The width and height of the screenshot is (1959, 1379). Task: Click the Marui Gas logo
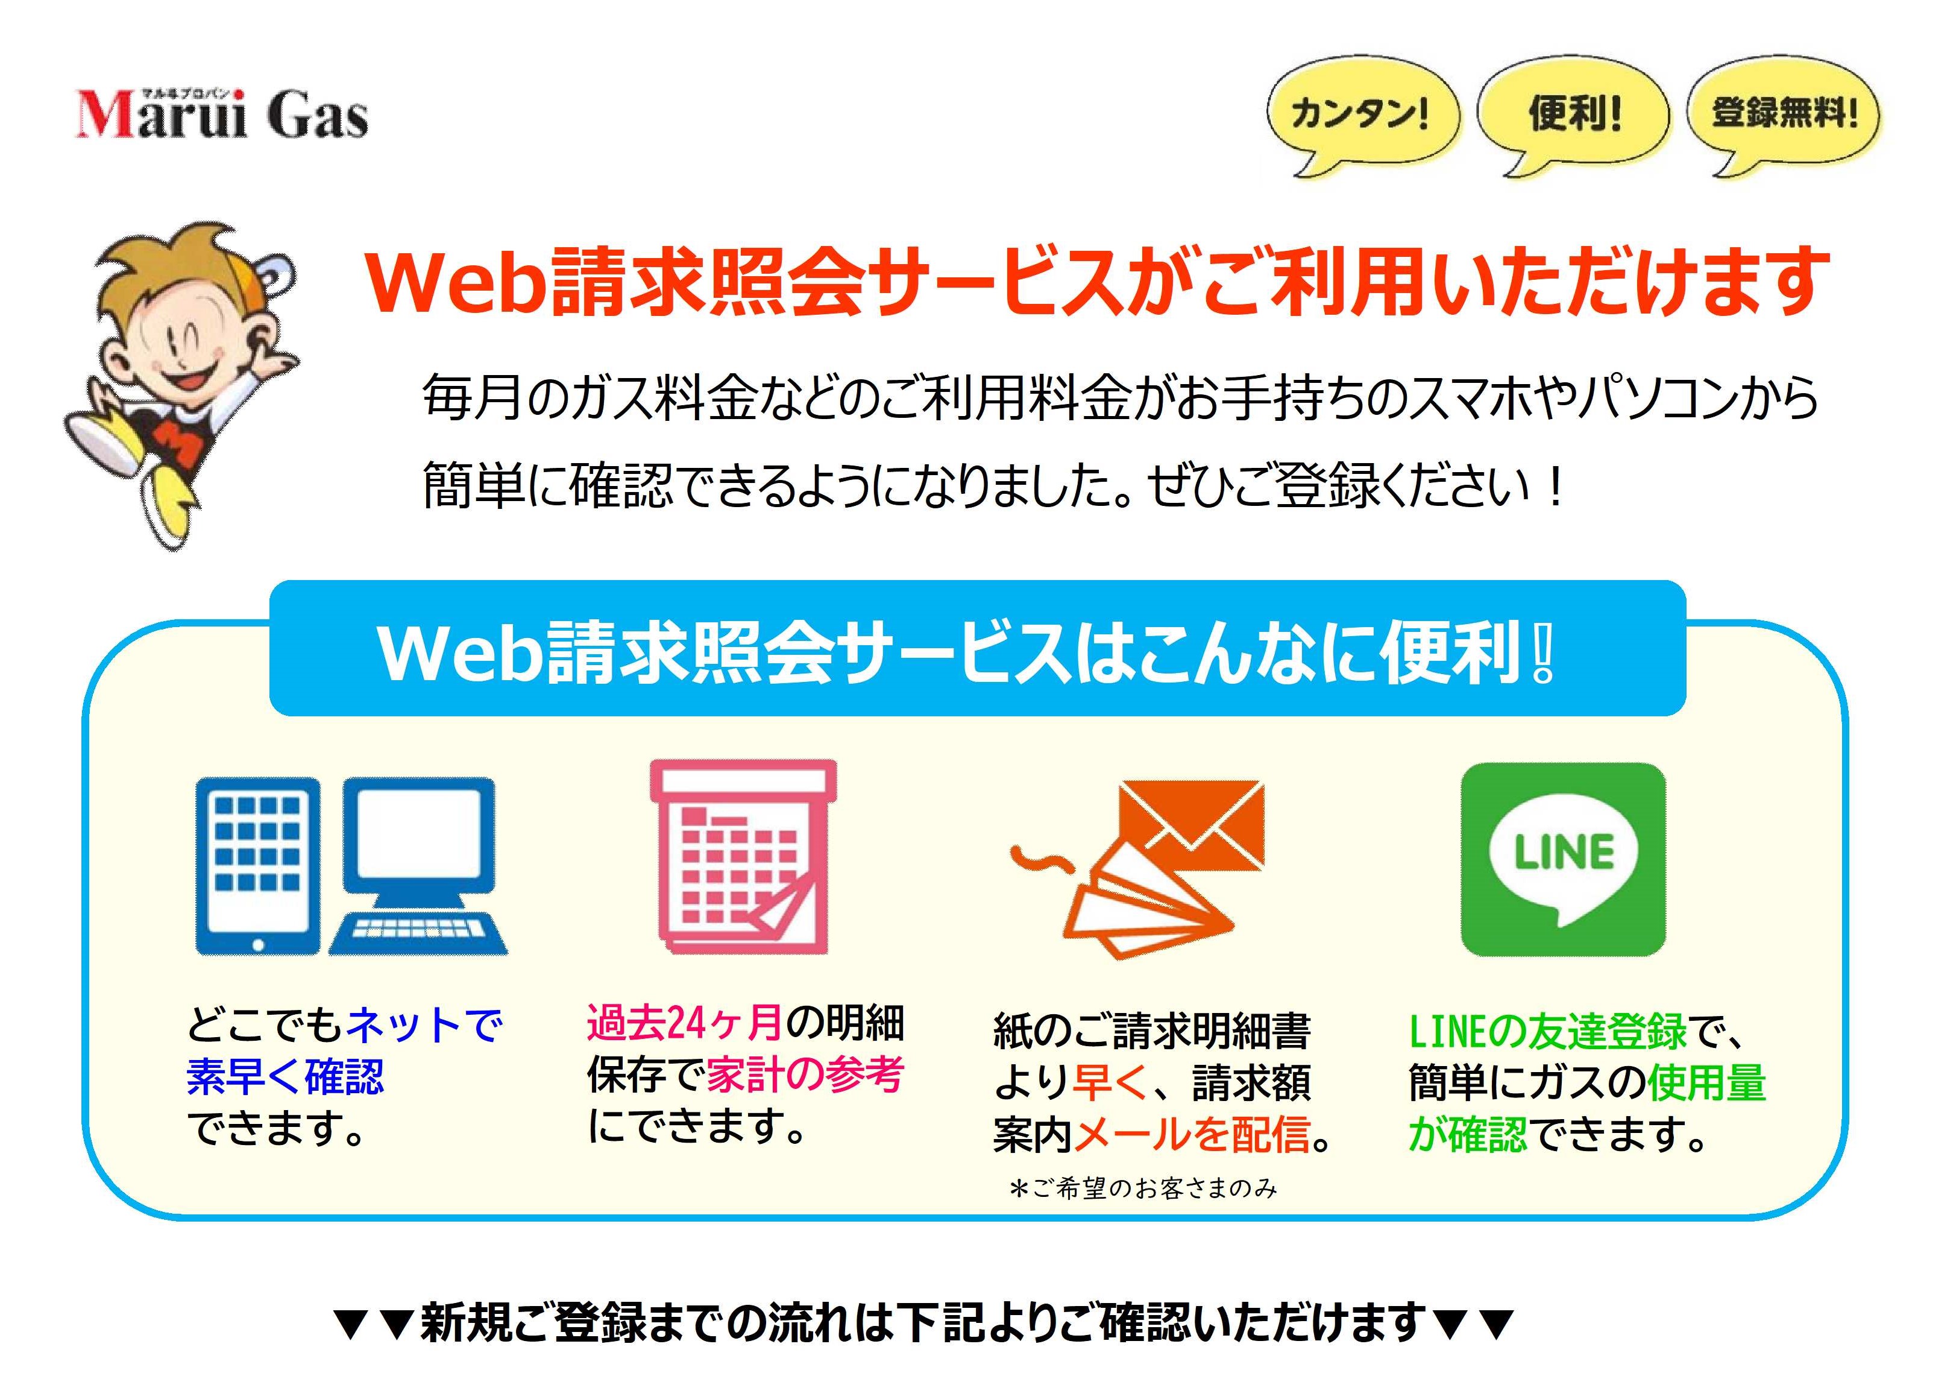[x=222, y=113]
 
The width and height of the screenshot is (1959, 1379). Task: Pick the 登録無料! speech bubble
[x=1783, y=115]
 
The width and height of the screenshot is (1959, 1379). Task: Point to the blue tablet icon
[x=257, y=865]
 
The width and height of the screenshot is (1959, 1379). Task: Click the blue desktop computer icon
[x=418, y=865]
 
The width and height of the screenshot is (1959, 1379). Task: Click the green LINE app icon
[x=1563, y=859]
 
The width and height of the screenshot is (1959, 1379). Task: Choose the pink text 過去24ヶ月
[x=684, y=1022]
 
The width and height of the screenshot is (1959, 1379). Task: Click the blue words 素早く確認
[x=285, y=1076]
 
